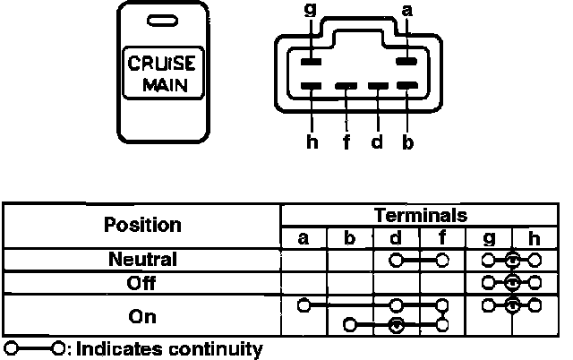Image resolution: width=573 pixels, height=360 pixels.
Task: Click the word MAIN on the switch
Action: click(x=164, y=87)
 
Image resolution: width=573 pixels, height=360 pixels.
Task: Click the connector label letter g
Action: click(x=311, y=12)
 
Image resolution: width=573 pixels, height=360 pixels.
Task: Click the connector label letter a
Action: click(x=408, y=11)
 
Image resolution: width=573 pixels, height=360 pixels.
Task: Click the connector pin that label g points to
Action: click(x=311, y=63)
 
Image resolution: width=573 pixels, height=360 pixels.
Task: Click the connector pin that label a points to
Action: click(x=407, y=63)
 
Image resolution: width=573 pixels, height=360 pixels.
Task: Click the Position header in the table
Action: click(x=142, y=225)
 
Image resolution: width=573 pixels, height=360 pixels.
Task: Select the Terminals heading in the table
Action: click(x=420, y=215)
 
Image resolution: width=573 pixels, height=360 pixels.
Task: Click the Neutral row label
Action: click(x=142, y=260)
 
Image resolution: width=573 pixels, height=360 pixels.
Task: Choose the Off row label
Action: click(x=142, y=283)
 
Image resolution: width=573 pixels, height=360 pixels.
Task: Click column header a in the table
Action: click(x=304, y=238)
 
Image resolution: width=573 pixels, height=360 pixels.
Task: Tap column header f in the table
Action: click(x=443, y=238)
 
